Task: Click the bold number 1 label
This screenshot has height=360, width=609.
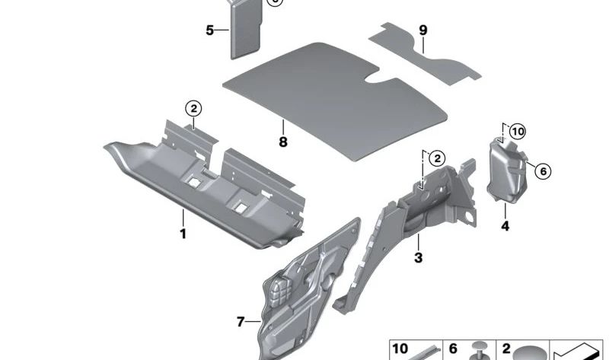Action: pyautogui.click(x=183, y=234)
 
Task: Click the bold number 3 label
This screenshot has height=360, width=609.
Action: pyautogui.click(x=418, y=257)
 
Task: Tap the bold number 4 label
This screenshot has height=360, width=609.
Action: pyautogui.click(x=505, y=226)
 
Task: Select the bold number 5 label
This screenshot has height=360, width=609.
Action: pyautogui.click(x=210, y=30)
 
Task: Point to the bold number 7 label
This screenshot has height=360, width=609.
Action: pyautogui.click(x=241, y=322)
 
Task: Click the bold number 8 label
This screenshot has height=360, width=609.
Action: pyautogui.click(x=283, y=142)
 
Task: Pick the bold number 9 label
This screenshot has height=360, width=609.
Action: pyautogui.click(x=423, y=30)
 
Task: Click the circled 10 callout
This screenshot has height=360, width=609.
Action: pyautogui.click(x=518, y=132)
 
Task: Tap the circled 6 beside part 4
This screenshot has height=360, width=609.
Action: pyautogui.click(x=543, y=171)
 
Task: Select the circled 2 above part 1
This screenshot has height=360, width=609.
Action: pyautogui.click(x=193, y=108)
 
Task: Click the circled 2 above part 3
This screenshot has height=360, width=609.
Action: pyautogui.click(x=438, y=158)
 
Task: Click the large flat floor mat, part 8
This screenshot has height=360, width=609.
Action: pyautogui.click(x=334, y=100)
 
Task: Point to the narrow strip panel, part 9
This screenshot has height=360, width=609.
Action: pyautogui.click(x=425, y=54)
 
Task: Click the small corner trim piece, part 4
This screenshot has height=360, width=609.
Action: pyautogui.click(x=507, y=171)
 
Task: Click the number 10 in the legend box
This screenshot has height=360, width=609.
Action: pyautogui.click(x=400, y=349)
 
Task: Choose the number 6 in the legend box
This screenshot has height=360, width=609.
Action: pyautogui.click(x=453, y=349)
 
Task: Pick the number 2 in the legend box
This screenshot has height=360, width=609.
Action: pyautogui.click(x=506, y=349)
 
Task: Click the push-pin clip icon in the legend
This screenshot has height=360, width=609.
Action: pyautogui.click(x=479, y=351)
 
